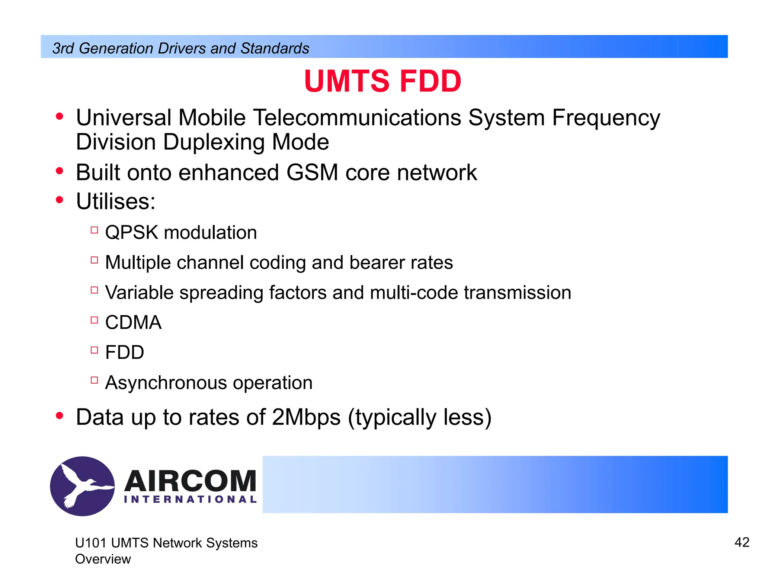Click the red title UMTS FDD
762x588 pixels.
(x=382, y=81)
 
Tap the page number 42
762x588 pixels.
(x=742, y=542)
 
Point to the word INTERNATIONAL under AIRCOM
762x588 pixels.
(x=190, y=499)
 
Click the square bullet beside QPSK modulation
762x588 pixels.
(x=95, y=230)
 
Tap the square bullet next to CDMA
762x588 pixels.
(x=95, y=320)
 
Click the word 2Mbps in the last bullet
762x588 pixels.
(x=306, y=417)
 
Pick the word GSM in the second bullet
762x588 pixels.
(x=312, y=172)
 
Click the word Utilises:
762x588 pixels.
(x=115, y=201)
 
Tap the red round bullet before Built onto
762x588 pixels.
(x=60, y=171)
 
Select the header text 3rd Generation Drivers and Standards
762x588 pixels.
(x=181, y=48)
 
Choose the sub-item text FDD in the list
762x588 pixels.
(x=124, y=352)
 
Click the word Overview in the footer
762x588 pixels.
(x=103, y=559)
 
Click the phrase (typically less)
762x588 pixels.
(x=420, y=417)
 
